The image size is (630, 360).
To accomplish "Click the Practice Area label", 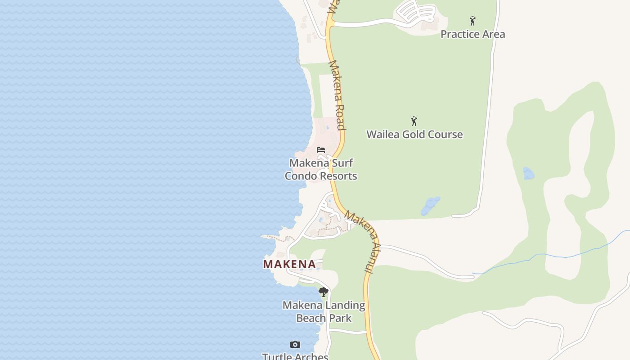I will [472, 34].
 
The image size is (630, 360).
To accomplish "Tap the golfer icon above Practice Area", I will [472, 21].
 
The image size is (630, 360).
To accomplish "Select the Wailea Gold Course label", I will [414, 135].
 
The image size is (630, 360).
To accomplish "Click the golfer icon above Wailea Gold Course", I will [414, 121].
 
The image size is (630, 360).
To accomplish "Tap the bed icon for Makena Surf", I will [321, 150].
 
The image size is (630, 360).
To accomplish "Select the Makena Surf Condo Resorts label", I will [321, 169].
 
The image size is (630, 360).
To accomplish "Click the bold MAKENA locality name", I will [289, 264].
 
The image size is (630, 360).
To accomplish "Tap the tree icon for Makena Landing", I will [323, 292].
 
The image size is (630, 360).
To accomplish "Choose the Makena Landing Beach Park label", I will [324, 311].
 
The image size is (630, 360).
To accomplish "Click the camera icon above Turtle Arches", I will [295, 345].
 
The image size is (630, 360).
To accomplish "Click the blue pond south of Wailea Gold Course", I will [430, 206].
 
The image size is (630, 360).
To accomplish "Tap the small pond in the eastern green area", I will [528, 173].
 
